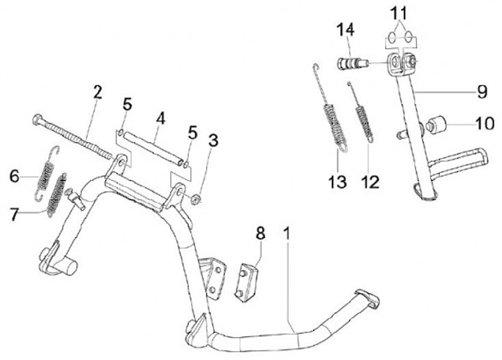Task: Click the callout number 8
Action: pos(260,233)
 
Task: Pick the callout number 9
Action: pos(462,91)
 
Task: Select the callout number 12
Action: pos(370,183)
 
